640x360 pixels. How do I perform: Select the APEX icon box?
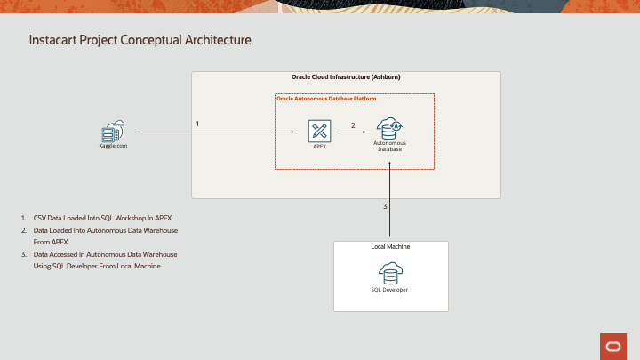[320, 132]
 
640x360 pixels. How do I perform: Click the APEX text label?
[320, 148]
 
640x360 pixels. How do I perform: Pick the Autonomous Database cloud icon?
[389, 129]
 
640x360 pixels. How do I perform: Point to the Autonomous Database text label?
[389, 146]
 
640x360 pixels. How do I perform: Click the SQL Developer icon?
[390, 272]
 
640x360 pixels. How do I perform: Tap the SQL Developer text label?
[390, 290]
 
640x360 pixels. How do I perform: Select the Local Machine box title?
[390, 246]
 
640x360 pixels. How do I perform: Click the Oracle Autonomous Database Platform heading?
[326, 99]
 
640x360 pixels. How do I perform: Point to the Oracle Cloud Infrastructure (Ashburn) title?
[346, 77]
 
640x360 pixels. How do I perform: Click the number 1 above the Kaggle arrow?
[197, 124]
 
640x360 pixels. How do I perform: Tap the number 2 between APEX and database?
[353, 125]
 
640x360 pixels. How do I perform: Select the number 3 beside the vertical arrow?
[385, 206]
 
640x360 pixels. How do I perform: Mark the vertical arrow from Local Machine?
[390, 204]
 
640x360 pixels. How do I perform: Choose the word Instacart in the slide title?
[53, 41]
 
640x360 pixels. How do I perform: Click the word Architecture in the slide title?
[216, 41]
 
